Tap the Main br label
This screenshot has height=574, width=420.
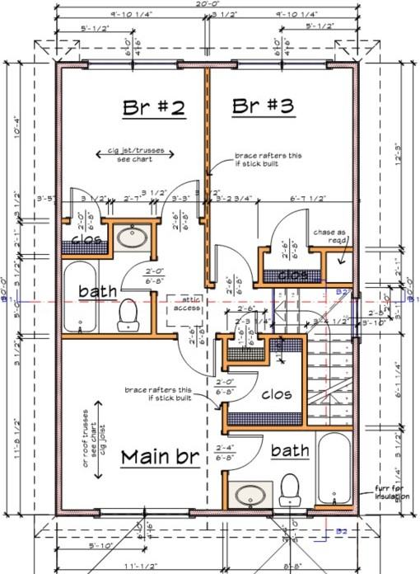point(161,456)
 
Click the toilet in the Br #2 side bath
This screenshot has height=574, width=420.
point(128,313)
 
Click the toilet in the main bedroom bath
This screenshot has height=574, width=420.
point(290,489)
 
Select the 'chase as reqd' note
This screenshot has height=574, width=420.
point(330,236)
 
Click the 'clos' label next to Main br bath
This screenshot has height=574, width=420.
point(276,394)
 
